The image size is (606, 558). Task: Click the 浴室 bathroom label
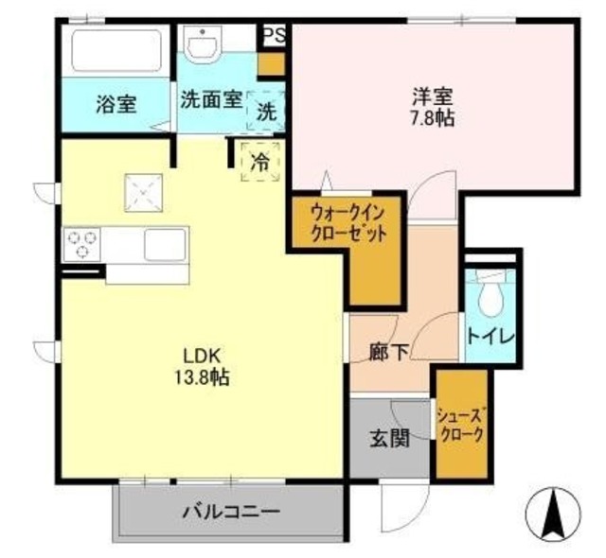(x=116, y=104)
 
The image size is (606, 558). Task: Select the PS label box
(x=274, y=35)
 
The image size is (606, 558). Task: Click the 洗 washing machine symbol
(x=267, y=111)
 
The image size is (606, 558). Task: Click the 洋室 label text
(x=432, y=96)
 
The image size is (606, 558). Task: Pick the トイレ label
(x=490, y=336)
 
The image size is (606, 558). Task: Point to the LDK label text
(x=201, y=356)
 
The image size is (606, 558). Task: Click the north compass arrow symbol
(x=552, y=513)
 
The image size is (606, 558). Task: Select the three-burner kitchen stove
(x=80, y=245)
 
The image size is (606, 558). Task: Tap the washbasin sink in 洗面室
(x=202, y=43)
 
